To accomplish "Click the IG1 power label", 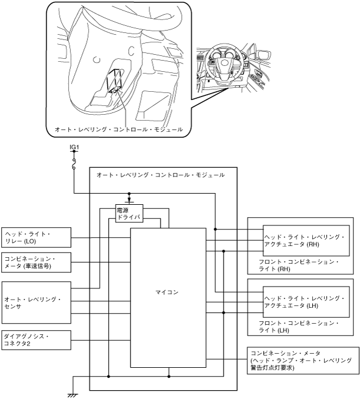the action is pyautogui.click(x=74, y=147).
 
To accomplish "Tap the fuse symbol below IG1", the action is pyautogui.click(x=74, y=164).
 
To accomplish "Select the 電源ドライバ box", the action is pyautogui.click(x=129, y=213).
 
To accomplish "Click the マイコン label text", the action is pyautogui.click(x=167, y=292).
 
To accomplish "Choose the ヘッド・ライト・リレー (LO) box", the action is pyautogui.click(x=36, y=237).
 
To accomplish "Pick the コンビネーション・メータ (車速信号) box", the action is pyautogui.click(x=36, y=262).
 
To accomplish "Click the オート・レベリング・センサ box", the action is pyautogui.click(x=36, y=302).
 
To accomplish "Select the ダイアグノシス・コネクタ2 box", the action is pyautogui.click(x=36, y=340).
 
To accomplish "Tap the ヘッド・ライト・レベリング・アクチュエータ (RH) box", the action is pyautogui.click(x=306, y=241).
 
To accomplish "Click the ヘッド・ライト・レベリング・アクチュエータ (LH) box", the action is pyautogui.click(x=306, y=302).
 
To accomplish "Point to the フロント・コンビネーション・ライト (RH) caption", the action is pyautogui.click(x=299, y=265).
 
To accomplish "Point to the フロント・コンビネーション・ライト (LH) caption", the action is pyautogui.click(x=299, y=327).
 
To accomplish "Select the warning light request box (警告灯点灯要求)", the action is pyautogui.click(x=303, y=360).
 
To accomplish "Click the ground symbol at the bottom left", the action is pyautogui.click(x=73, y=395).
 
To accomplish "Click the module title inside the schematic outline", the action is pyautogui.click(x=161, y=175).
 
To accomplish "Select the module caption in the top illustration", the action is pyautogui.click(x=119, y=129).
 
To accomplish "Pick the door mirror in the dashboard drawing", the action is pyautogui.click(x=264, y=55).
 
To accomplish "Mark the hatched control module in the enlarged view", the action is pyautogui.click(x=114, y=81).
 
